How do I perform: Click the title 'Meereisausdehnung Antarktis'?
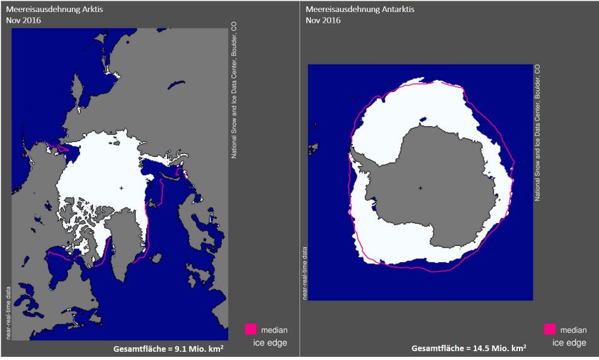(351, 9)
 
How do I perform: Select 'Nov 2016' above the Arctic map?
(23, 20)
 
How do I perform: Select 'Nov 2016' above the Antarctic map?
(323, 20)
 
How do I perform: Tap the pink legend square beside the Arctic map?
(250, 329)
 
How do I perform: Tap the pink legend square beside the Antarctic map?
(549, 329)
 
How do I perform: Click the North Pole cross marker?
(121, 188)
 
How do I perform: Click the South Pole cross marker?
(420, 188)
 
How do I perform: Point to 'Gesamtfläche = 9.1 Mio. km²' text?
(168, 349)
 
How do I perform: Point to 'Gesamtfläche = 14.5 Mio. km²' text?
(469, 348)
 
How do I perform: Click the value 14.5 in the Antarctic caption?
(484, 348)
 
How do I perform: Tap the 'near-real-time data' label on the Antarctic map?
(306, 272)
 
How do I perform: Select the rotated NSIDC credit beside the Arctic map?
(234, 89)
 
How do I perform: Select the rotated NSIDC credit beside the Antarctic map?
(537, 132)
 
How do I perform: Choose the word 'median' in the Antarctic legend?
(574, 330)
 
